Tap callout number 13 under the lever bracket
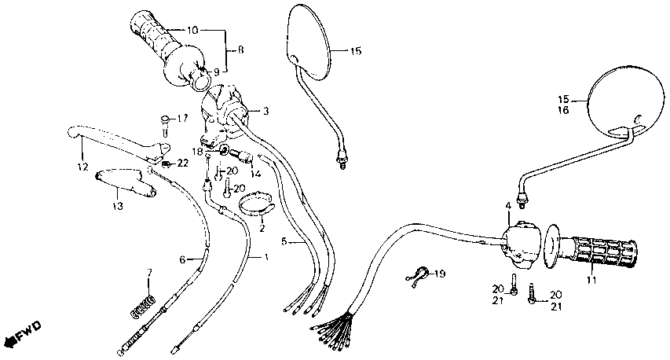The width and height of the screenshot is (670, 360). tap(117, 206)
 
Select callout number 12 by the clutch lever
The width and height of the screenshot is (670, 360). tap(82, 167)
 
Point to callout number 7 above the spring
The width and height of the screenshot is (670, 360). tap(146, 272)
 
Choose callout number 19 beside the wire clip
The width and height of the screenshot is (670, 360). tap(440, 274)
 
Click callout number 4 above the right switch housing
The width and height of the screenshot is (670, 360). tap(508, 206)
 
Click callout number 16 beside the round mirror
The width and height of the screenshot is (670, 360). tap(563, 112)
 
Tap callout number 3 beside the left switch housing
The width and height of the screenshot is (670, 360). tap(266, 112)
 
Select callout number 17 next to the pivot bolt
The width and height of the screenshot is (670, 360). tap(182, 119)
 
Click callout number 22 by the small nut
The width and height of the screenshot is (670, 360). tap(182, 163)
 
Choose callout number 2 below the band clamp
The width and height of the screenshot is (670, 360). tap(262, 229)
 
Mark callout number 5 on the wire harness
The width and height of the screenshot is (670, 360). tap(284, 241)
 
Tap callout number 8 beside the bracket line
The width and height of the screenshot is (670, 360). tap(240, 50)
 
